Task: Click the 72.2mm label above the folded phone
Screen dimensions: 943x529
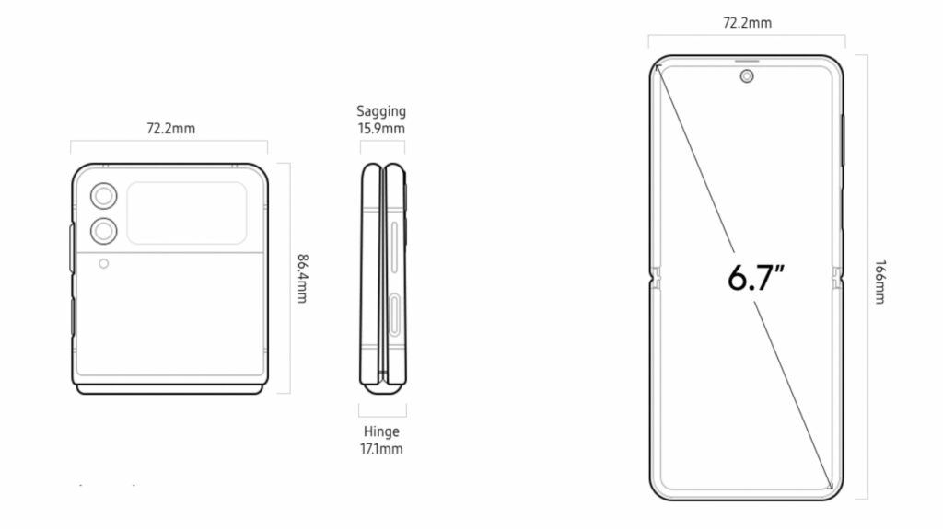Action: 170,129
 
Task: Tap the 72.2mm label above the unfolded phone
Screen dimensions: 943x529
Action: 747,23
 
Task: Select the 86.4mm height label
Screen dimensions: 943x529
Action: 302,279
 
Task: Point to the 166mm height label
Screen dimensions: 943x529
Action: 879,282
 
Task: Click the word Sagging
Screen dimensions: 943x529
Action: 381,112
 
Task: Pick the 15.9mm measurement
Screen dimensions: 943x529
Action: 381,129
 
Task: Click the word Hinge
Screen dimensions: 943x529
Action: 381,431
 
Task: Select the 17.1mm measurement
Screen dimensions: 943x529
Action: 381,449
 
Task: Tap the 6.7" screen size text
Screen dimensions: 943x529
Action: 756,278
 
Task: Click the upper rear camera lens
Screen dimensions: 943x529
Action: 103,196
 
